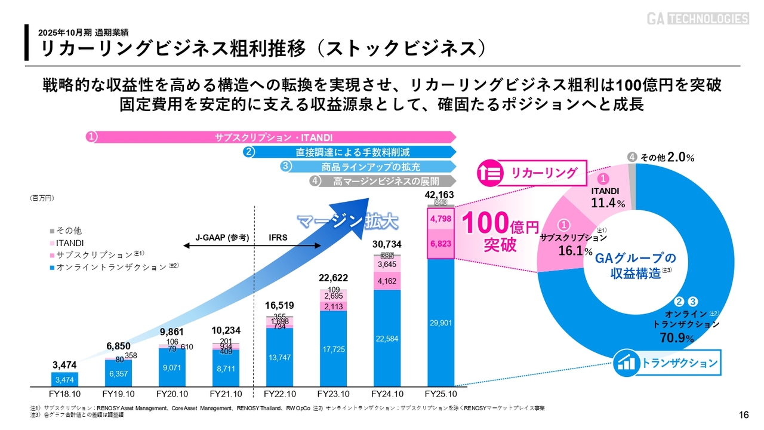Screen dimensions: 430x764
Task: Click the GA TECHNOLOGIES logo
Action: [698, 19]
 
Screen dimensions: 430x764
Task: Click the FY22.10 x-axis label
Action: [280, 395]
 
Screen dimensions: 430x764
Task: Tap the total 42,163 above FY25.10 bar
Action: [440, 195]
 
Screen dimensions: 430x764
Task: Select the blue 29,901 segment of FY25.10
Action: [441, 322]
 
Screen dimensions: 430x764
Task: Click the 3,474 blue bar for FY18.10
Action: [65, 379]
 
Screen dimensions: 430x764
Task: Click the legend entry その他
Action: [68, 231]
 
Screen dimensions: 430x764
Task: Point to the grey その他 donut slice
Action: [633, 179]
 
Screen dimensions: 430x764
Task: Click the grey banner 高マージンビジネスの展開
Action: [386, 181]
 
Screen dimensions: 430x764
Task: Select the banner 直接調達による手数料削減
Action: [353, 152]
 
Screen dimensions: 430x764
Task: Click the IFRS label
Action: [278, 238]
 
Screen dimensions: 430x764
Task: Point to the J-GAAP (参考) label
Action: [223, 238]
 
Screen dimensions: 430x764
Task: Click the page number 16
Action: [744, 415]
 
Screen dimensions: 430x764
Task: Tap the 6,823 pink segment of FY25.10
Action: [440, 244]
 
